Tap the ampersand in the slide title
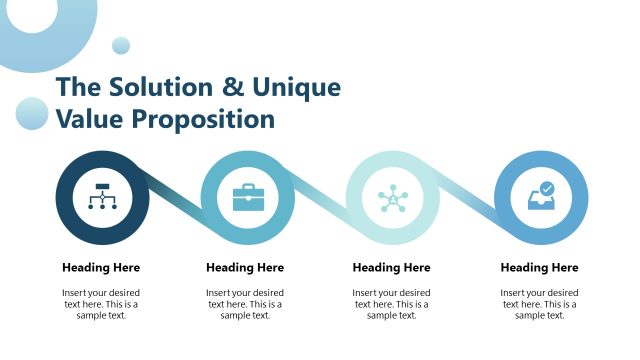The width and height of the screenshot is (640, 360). point(232,87)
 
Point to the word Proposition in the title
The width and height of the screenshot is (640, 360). point(200,119)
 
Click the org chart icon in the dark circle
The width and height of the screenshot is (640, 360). point(101,197)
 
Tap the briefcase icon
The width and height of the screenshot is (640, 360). point(247,197)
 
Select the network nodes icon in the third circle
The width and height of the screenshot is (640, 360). point(393,197)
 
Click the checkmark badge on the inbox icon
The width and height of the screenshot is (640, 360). point(547,187)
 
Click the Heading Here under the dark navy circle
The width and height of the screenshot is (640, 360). point(101,267)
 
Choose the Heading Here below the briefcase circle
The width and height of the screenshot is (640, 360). point(245,267)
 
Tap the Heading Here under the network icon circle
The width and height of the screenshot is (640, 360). point(392,267)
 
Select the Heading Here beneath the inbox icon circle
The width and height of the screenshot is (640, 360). point(539,267)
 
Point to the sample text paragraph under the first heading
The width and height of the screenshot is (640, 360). point(101,304)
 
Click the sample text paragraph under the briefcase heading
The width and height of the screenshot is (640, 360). point(245,304)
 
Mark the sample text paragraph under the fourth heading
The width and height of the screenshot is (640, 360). point(539,304)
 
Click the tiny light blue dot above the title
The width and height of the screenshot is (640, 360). point(121,45)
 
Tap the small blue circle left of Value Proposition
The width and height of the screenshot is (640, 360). point(32,113)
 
